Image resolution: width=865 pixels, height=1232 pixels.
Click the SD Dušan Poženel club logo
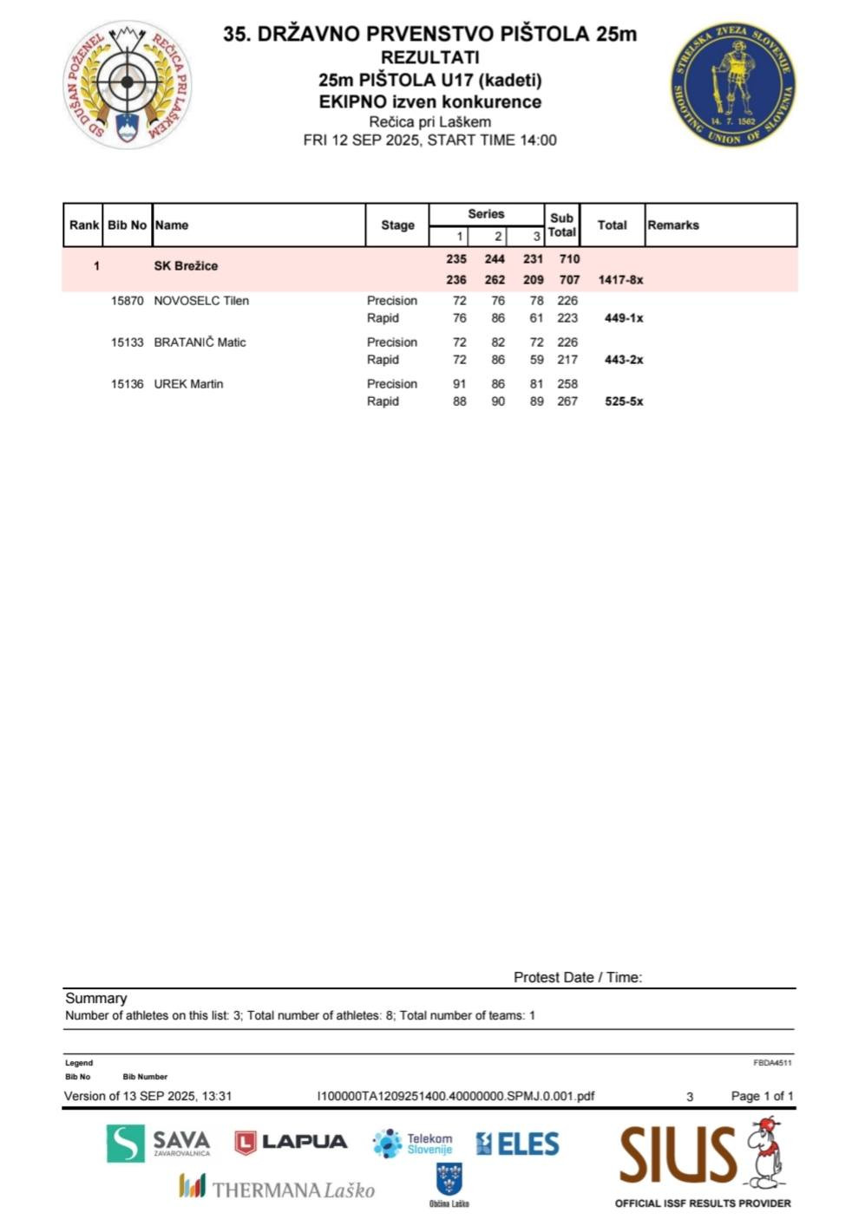pyautogui.click(x=128, y=84)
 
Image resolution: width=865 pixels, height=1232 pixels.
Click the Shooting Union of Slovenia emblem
pyautogui.click(x=733, y=84)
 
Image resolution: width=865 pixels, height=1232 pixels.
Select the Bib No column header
pyautogui.click(x=127, y=225)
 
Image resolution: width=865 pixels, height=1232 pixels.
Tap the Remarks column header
pyautogui.click(x=672, y=225)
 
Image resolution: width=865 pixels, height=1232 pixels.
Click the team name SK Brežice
pyautogui.click(x=186, y=266)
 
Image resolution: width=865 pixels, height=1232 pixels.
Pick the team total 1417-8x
pyautogui.click(x=620, y=280)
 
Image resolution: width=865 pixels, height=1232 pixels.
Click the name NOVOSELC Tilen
pyautogui.click(x=201, y=301)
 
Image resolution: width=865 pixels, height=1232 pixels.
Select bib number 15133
pyautogui.click(x=127, y=342)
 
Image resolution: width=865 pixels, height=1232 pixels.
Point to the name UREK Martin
pyautogui.click(x=188, y=384)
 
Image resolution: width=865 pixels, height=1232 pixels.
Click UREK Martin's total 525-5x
pyautogui.click(x=624, y=401)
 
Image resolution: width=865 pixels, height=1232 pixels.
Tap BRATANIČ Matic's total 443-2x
pyautogui.click(x=624, y=360)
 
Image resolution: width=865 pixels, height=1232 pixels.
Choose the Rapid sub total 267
pyautogui.click(x=567, y=401)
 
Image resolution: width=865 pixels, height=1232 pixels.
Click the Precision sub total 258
pyautogui.click(x=567, y=384)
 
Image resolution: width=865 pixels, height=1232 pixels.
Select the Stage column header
pyautogui.click(x=397, y=225)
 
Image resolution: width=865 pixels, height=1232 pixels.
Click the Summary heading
pyautogui.click(x=96, y=999)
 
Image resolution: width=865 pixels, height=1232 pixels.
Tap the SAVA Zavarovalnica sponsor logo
pyautogui.click(x=159, y=1144)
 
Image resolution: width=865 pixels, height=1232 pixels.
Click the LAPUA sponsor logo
pyautogui.click(x=291, y=1143)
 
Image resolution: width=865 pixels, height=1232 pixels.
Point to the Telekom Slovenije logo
pyautogui.click(x=413, y=1144)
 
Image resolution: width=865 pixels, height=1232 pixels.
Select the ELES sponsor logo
pyautogui.click(x=517, y=1144)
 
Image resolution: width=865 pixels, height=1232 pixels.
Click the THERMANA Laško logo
pyautogui.click(x=277, y=1189)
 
